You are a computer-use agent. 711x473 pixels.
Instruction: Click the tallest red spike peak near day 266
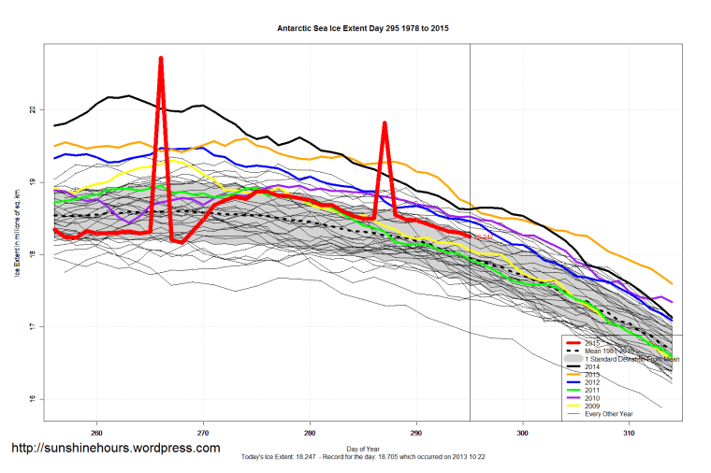click(x=161, y=59)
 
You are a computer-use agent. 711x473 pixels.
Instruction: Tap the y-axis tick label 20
click(x=31, y=109)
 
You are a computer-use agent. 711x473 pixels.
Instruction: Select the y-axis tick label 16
click(x=31, y=399)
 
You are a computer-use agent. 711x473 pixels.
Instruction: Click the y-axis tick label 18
click(x=31, y=254)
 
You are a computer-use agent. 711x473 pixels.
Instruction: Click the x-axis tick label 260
click(x=96, y=434)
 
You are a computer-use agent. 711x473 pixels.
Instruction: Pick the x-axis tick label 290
click(x=416, y=434)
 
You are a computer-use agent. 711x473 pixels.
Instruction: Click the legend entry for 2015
click(x=595, y=342)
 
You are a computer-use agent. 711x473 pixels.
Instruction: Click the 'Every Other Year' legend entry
click(x=608, y=414)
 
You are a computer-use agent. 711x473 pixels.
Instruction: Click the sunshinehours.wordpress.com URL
click(x=115, y=448)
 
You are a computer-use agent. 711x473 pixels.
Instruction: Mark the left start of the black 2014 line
click(x=54, y=125)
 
